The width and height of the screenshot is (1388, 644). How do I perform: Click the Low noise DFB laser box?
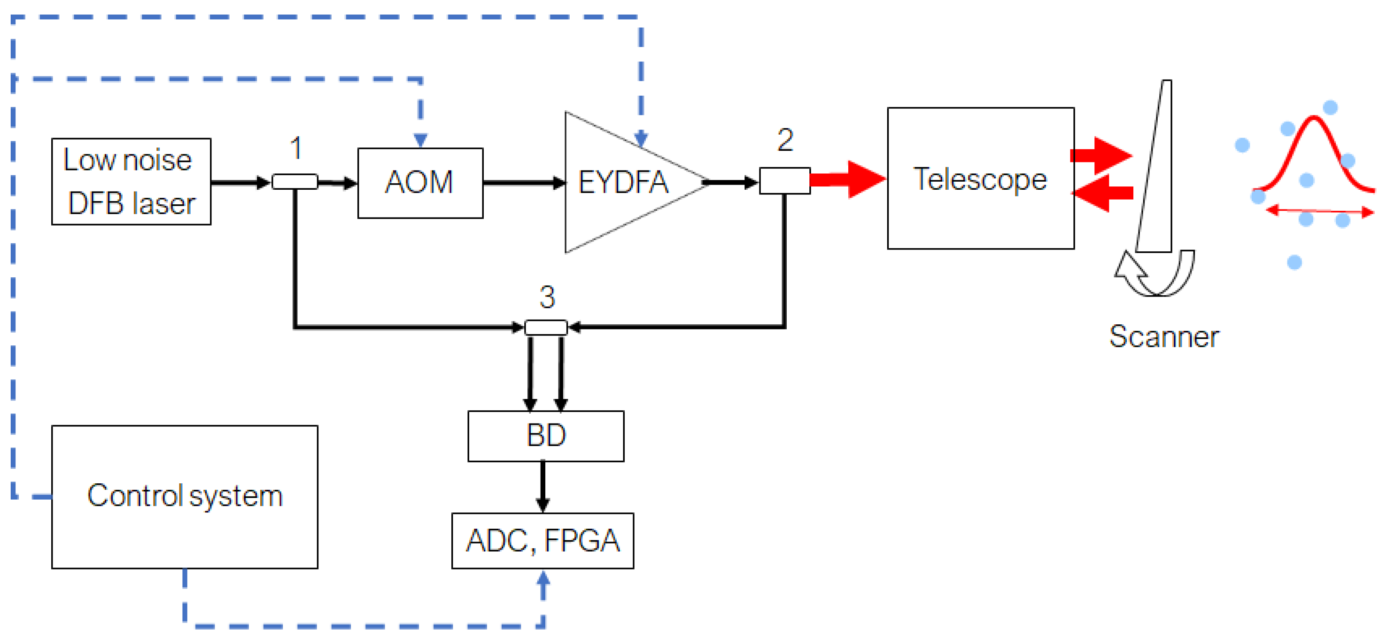(131, 182)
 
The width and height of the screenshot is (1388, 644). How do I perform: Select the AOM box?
(420, 183)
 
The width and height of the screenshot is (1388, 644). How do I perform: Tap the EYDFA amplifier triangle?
(620, 182)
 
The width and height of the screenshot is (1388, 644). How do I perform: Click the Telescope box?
(980, 178)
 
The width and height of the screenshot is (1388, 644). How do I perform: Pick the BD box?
(545, 435)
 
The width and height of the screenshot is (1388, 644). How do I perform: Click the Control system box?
(184, 496)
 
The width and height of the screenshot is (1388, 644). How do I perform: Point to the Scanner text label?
(1163, 337)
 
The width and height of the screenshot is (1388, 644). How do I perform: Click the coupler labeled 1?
(295, 182)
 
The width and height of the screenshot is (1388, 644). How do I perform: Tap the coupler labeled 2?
(785, 180)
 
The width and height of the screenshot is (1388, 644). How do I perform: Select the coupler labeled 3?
(545, 327)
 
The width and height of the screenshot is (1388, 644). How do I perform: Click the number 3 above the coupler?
(547, 297)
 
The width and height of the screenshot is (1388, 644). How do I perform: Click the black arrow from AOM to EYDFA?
(523, 183)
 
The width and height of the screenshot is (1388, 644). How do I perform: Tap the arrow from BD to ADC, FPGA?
(543, 487)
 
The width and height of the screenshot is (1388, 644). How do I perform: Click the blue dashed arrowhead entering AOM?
(420, 140)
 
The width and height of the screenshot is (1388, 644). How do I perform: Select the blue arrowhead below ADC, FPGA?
(543, 580)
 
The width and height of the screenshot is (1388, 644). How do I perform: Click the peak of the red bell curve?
(1313, 118)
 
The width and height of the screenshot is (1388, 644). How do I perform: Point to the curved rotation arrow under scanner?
(1153, 275)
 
